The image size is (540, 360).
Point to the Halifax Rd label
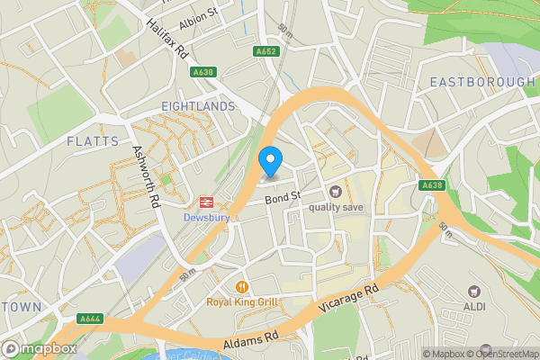click(167, 38)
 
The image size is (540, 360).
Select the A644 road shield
click(90, 318)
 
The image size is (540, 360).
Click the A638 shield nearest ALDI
click(431, 185)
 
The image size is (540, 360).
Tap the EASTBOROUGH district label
click(481, 82)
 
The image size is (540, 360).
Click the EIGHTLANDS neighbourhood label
click(198, 106)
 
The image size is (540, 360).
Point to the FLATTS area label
click(93, 141)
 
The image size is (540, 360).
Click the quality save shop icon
click(336, 191)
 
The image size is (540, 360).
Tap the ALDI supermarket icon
click(474, 291)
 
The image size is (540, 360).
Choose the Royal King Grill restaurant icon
click(241, 287)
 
